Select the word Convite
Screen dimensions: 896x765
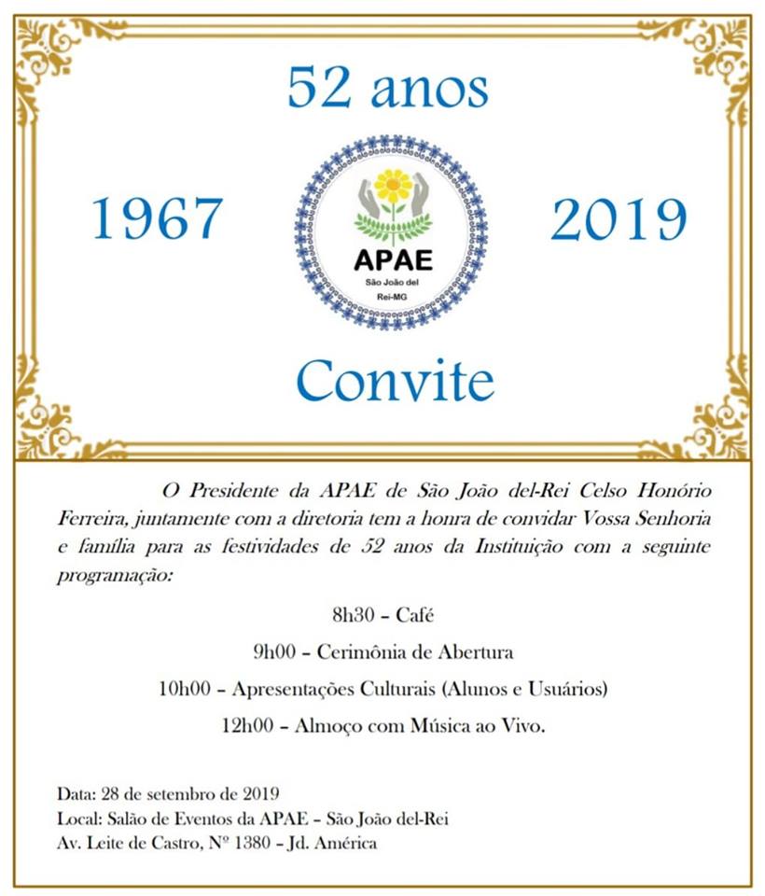(395, 381)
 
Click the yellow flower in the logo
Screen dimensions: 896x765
(393, 185)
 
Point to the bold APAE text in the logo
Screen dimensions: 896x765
(393, 260)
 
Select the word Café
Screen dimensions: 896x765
(415, 614)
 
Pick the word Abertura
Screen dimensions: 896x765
(475, 651)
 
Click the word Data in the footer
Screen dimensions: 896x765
(74, 794)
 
